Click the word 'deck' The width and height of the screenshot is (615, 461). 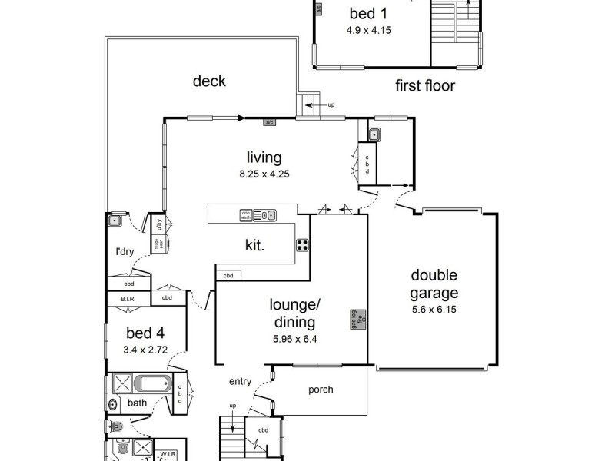pos(209,81)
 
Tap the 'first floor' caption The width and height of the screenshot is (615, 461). pos(425,85)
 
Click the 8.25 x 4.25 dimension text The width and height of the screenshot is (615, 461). pos(264,174)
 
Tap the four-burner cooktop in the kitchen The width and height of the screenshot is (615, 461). pos(303,246)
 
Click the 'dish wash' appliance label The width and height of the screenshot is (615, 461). pos(246,215)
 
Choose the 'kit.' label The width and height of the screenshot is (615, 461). pos(254,246)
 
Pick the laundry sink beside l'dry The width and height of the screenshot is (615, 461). pos(115,221)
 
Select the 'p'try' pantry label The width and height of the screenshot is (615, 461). pos(161,225)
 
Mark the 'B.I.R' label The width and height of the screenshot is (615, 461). pos(127,299)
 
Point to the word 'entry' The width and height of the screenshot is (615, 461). pos(240,381)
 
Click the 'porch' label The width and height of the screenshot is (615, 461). pos(321,390)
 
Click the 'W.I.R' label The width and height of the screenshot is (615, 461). pos(168,454)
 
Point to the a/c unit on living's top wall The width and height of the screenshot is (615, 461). pos(270,122)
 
